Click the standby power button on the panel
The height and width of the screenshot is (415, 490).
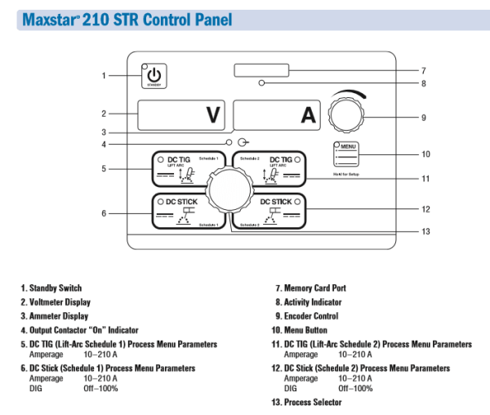[154, 74]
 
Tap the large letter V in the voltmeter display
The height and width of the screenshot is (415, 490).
[212, 115]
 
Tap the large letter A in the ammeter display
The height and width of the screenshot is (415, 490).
[308, 115]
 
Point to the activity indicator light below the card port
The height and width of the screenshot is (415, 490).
[261, 83]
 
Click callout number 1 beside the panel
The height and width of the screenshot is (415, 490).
[104, 76]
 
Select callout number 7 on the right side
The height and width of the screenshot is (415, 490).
[424, 70]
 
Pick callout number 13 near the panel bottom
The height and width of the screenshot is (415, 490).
[425, 232]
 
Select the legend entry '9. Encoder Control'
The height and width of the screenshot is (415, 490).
[309, 315]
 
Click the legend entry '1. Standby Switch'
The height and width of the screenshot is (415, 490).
[51, 288]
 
